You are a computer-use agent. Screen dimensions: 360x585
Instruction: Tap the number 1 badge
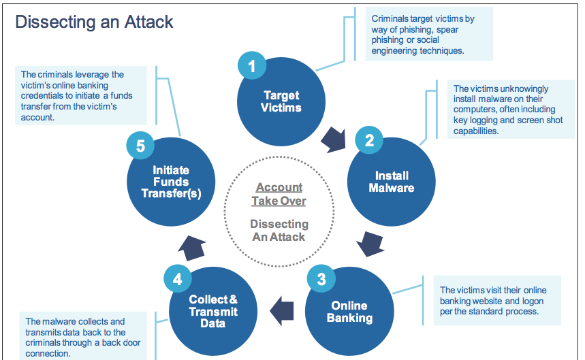(x=252, y=66)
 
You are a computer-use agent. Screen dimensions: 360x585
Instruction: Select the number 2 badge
(x=369, y=141)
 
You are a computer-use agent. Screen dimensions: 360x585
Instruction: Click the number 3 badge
(x=321, y=278)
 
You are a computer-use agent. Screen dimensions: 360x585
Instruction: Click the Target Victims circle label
(x=282, y=101)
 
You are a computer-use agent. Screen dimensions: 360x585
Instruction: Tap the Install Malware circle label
(x=392, y=182)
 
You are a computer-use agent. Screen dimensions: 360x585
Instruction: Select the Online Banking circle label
(x=349, y=312)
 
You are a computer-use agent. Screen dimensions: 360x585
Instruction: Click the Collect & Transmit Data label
(x=213, y=312)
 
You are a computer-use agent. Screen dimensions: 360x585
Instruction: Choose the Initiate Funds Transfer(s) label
(x=171, y=182)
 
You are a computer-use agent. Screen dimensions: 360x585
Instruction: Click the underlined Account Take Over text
(x=279, y=194)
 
